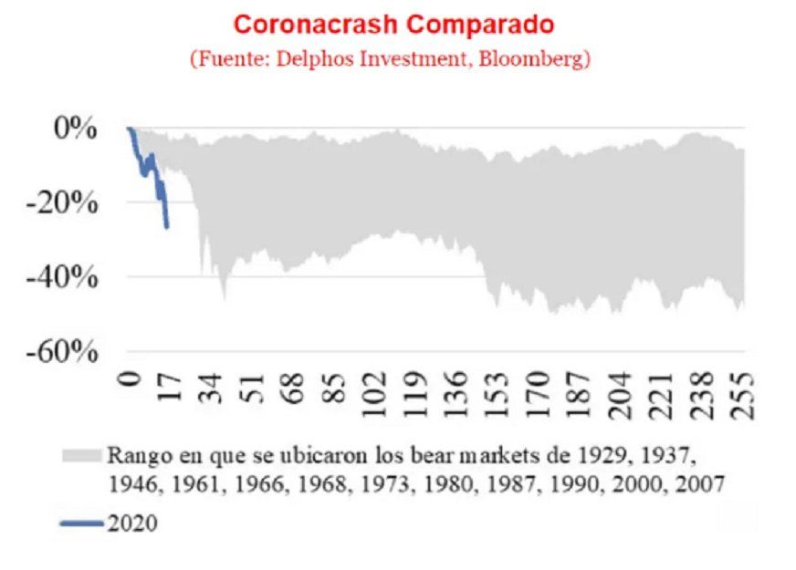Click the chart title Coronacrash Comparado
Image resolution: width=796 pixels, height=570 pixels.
click(394, 23)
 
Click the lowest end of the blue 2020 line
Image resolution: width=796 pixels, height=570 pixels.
click(167, 227)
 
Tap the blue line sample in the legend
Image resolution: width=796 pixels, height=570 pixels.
click(82, 524)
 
